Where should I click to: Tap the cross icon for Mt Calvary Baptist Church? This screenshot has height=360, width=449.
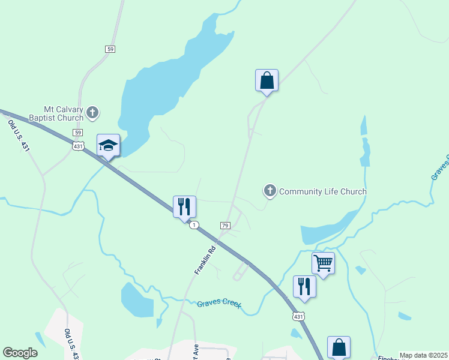click(x=92, y=112)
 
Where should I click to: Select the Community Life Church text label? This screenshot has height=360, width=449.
click(x=322, y=191)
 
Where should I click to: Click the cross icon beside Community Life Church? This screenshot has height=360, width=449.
click(x=270, y=191)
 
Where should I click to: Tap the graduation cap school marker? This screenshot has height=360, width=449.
click(x=108, y=146)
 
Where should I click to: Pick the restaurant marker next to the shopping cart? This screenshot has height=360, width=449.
click(x=304, y=286)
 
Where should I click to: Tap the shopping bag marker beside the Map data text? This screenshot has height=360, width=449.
click(x=339, y=347)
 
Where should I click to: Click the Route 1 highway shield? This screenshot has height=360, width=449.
click(x=194, y=225)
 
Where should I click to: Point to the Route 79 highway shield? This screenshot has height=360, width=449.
click(x=225, y=225)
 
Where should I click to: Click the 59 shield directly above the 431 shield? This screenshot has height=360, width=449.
click(x=78, y=132)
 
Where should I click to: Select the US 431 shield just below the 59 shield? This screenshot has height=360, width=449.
click(x=78, y=146)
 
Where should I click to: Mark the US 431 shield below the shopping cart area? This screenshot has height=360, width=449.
click(x=299, y=316)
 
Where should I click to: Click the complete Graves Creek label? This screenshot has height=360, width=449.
click(x=219, y=304)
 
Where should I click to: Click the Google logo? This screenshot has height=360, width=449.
click(x=20, y=353)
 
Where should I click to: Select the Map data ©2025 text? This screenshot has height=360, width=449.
click(x=423, y=355)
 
